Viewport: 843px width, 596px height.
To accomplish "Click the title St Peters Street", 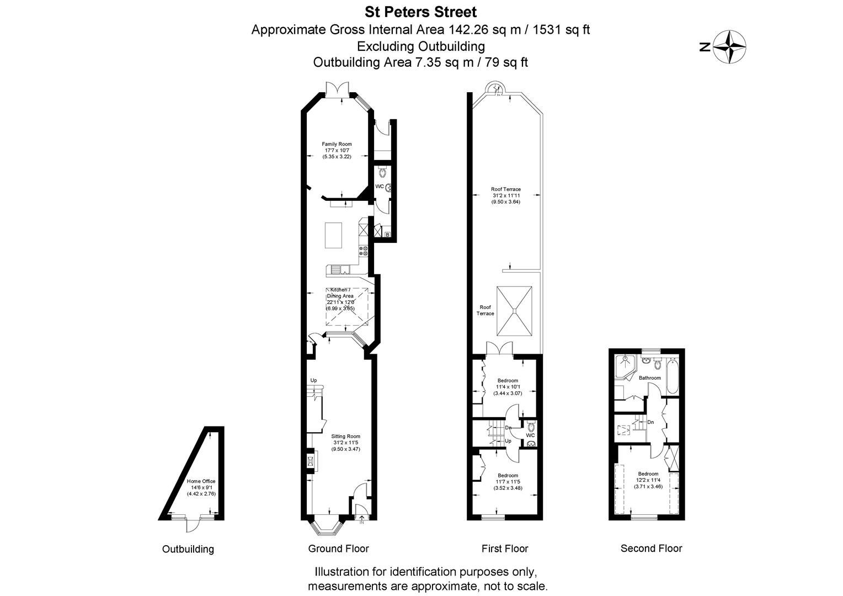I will pyautogui.click(x=420, y=11).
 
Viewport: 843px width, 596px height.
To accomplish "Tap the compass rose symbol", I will pyautogui.click(x=729, y=47).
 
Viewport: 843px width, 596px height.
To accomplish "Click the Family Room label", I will pyautogui.click(x=337, y=150).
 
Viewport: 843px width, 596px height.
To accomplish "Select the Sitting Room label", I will pyautogui.click(x=345, y=443).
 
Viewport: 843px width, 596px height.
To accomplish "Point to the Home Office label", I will pyautogui.click(x=201, y=487).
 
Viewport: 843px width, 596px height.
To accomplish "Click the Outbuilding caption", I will pyautogui.click(x=188, y=549).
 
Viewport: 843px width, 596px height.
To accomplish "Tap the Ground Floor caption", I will pyautogui.click(x=338, y=549).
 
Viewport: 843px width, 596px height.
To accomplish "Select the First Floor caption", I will pyautogui.click(x=505, y=549).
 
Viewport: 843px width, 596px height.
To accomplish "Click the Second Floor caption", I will pyautogui.click(x=651, y=548).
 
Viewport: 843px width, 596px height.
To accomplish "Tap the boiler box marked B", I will pyautogui.click(x=387, y=235).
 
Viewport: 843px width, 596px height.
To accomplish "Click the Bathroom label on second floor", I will pyautogui.click(x=649, y=378).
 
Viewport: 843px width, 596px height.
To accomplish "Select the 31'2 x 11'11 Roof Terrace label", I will pyautogui.click(x=506, y=195).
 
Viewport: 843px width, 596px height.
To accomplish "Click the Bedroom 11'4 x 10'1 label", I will pyautogui.click(x=508, y=387).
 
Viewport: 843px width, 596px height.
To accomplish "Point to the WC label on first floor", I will pyautogui.click(x=530, y=435).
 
